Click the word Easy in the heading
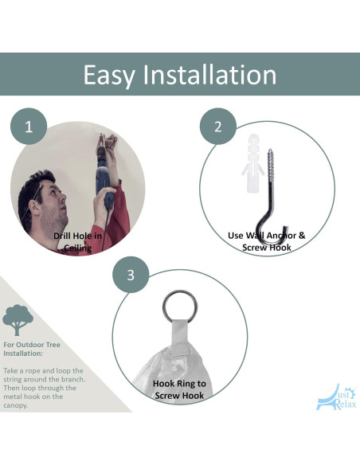point(108,76)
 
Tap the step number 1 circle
point(29,127)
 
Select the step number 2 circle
point(218,127)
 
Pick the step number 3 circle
point(131,275)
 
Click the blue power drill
point(104,175)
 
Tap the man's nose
point(63,197)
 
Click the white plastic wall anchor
point(252,163)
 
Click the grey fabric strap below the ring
point(180,336)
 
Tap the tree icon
point(18,320)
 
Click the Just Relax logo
point(336,397)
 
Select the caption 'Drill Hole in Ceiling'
point(78,242)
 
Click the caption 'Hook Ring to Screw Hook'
point(179,389)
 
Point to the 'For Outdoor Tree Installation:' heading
point(32,349)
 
